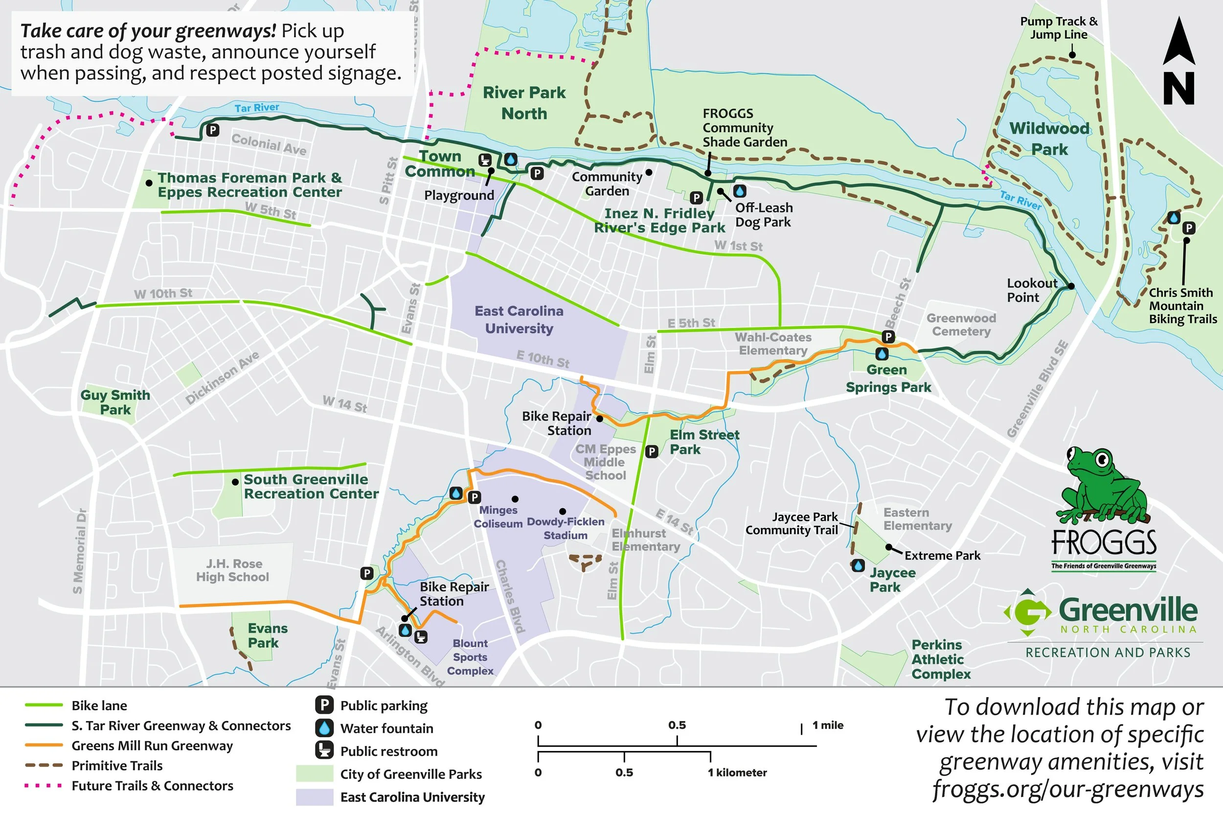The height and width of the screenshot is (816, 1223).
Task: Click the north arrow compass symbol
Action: [x=1178, y=61]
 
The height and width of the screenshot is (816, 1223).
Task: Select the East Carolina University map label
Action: [x=519, y=320]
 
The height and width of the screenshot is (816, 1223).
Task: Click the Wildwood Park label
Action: [x=1049, y=139]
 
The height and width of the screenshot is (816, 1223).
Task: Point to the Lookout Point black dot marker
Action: [x=1071, y=286]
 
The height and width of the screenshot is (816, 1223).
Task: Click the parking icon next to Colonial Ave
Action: [x=213, y=130]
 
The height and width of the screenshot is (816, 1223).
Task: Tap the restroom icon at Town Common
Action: [x=485, y=159]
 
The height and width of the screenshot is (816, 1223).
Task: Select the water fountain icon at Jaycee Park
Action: [x=858, y=565]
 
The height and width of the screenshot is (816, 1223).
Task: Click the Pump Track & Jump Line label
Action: [x=1059, y=28]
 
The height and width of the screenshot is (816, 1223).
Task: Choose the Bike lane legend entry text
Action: [x=99, y=706]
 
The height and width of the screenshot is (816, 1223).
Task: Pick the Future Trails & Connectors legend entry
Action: [x=152, y=786]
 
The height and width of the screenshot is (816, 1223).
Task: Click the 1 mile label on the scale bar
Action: [x=828, y=725]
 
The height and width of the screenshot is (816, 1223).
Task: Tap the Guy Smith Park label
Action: [x=115, y=402]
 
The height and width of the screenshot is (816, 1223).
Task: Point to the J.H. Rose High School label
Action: [x=232, y=570]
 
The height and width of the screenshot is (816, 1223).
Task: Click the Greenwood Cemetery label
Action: [x=961, y=325]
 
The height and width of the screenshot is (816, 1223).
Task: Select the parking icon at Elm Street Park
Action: [x=652, y=451]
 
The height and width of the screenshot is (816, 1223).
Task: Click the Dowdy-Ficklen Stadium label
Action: [x=565, y=528]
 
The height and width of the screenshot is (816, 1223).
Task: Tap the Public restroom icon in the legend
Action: [x=324, y=750]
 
